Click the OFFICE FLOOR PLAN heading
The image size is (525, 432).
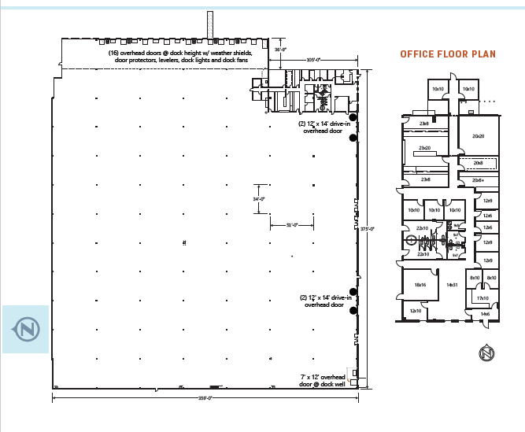click(448, 54)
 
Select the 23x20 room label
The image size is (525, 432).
click(424, 148)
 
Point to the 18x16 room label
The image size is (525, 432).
click(420, 285)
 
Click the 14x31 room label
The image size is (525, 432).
click(452, 285)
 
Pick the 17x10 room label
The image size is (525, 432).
click(482, 298)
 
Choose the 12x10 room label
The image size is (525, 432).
click(415, 311)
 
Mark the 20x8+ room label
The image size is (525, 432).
click(478, 180)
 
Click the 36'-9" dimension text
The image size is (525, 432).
click(279, 49)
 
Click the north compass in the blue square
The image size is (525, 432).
click(26, 328)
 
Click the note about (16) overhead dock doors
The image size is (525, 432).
click(180, 56)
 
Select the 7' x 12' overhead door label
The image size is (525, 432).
click(324, 381)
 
